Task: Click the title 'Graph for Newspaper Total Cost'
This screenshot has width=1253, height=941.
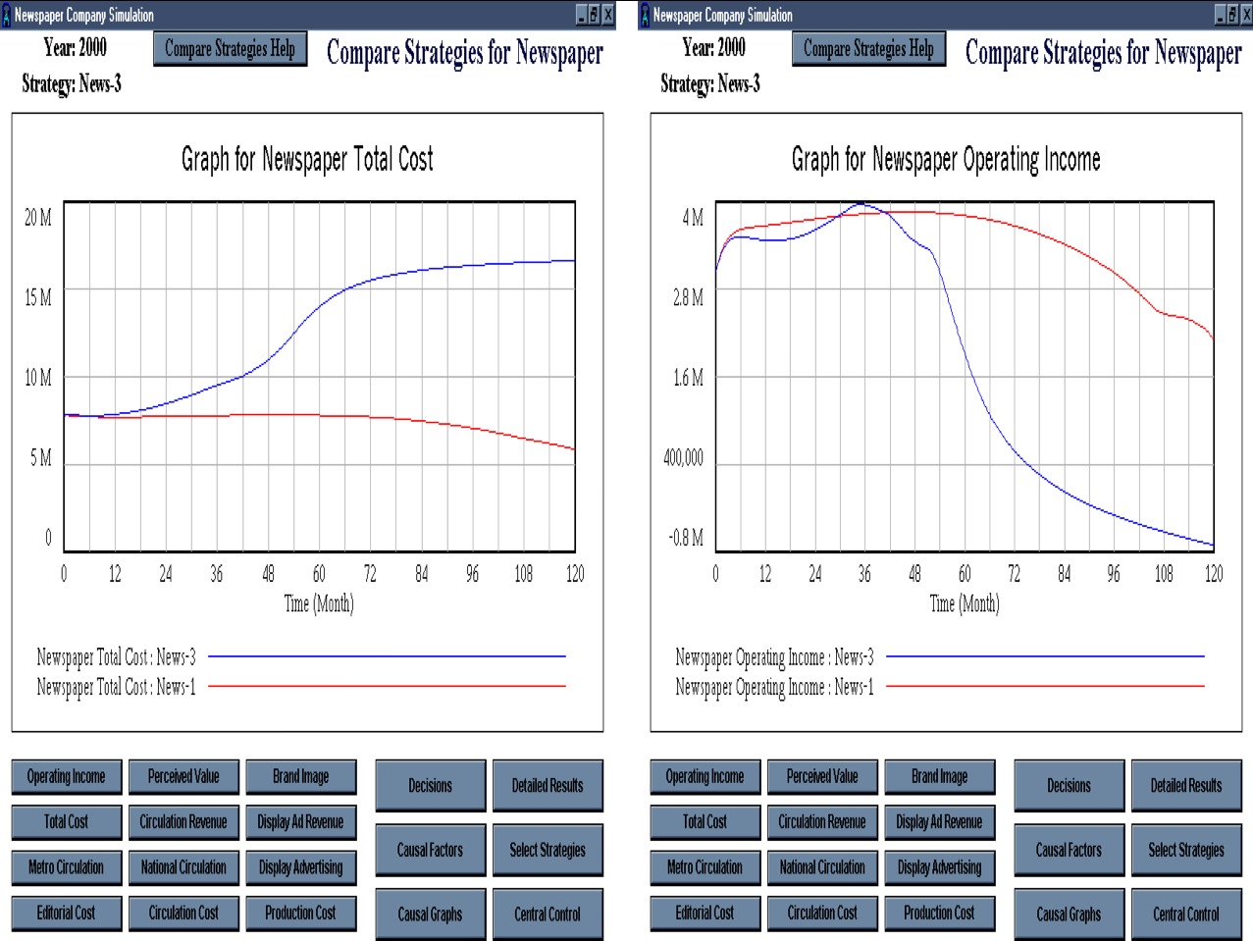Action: click(x=307, y=159)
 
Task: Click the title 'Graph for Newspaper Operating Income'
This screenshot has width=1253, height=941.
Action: click(x=946, y=159)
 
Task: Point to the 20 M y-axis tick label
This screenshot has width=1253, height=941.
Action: click(x=37, y=218)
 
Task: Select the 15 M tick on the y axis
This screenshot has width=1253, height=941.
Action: click(x=37, y=297)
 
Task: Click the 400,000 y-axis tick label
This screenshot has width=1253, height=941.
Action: click(x=683, y=457)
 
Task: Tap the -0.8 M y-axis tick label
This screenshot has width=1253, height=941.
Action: click(x=686, y=538)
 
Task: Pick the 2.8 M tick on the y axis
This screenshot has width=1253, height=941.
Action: click(x=688, y=297)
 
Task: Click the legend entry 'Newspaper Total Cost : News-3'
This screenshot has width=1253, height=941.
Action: click(x=117, y=656)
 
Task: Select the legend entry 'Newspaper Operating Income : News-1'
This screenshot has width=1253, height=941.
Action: click(x=774, y=687)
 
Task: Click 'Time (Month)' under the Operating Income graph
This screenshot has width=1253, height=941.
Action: click(x=965, y=603)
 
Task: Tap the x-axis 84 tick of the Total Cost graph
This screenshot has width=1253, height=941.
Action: click(x=421, y=573)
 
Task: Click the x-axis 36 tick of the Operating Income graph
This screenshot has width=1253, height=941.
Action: click(x=864, y=573)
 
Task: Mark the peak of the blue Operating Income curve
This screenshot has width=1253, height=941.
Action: click(x=861, y=204)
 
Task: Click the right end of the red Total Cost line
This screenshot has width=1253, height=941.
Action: click(x=574, y=449)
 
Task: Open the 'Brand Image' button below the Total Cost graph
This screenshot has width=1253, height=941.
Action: click(x=301, y=777)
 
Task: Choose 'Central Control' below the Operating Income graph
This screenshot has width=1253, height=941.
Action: click(x=1186, y=915)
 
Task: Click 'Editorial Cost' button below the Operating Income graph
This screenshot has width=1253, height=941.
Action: click(x=705, y=914)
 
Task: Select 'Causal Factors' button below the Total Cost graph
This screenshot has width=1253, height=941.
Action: click(x=430, y=850)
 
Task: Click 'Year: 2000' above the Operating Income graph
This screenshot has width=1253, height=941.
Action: click(x=713, y=47)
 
